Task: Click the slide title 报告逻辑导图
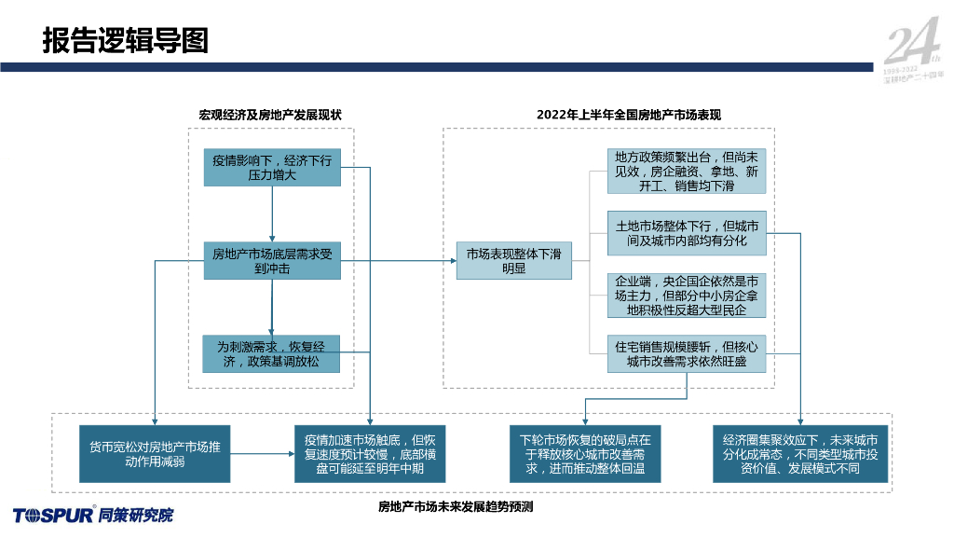[x=125, y=41]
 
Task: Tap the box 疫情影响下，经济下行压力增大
[x=272, y=168]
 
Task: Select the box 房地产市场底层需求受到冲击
[x=272, y=260]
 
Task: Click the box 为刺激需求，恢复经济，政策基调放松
[x=272, y=353]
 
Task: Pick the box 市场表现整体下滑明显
[x=513, y=260]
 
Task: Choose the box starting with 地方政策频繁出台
[x=687, y=172]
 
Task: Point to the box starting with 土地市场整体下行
[x=687, y=234]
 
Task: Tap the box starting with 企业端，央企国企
[x=687, y=296]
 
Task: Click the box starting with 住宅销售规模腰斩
[x=687, y=354]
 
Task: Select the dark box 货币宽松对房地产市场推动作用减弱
[x=155, y=454]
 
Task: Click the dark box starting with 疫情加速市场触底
[x=371, y=454]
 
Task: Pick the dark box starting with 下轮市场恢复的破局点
[x=586, y=454]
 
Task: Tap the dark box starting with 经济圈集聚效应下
[x=800, y=454]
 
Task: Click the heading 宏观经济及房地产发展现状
[x=270, y=115]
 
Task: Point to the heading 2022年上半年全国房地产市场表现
[x=629, y=115]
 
